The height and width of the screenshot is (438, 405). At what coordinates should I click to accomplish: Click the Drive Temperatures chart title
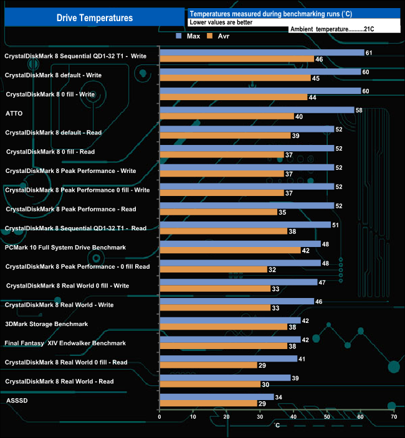[x=94, y=18]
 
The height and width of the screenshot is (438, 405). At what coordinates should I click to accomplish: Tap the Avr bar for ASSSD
[x=209, y=404]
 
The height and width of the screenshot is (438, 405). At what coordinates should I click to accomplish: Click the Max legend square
[x=179, y=36]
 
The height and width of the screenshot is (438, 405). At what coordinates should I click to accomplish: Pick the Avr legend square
[x=210, y=36]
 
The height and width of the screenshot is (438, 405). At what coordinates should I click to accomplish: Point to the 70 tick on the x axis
[x=393, y=417]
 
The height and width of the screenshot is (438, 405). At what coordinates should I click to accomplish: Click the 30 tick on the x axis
[x=260, y=417]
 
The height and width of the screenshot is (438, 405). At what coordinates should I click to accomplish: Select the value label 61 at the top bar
[x=369, y=53]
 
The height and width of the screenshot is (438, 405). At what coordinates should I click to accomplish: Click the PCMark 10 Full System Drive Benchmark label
[x=65, y=248]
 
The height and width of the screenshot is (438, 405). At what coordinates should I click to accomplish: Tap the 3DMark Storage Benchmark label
[x=47, y=324]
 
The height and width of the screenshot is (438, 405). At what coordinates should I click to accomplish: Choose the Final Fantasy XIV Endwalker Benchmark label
[x=65, y=343]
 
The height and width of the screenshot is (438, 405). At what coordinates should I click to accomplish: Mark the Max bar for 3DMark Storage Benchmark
[x=230, y=320]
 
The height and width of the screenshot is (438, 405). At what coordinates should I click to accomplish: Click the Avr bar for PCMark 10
[x=230, y=251]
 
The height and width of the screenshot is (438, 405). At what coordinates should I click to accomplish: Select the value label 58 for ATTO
[x=359, y=110]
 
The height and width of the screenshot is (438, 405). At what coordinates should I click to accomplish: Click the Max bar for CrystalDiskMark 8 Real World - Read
[x=225, y=378]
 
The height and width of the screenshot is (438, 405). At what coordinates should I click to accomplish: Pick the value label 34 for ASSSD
[x=279, y=397]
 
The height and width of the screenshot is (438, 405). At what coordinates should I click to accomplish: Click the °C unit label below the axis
[x=278, y=426]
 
